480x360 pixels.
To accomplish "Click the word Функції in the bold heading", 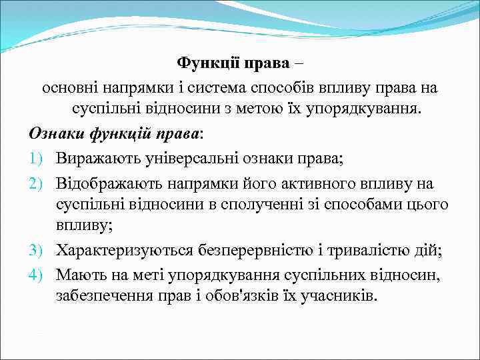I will click(x=204, y=63).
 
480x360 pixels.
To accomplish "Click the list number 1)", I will click(x=37, y=158).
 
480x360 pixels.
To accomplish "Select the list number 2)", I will click(x=37, y=182).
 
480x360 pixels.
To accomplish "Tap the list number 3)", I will click(x=37, y=251).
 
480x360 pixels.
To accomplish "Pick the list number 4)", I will click(x=37, y=275).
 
